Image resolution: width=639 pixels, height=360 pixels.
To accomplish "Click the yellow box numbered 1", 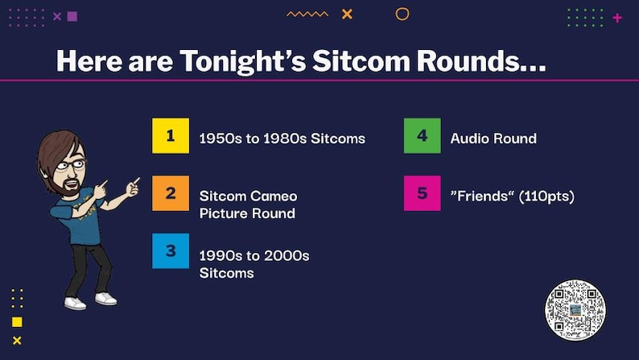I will [171, 135].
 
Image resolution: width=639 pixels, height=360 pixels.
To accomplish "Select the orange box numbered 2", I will [171, 193].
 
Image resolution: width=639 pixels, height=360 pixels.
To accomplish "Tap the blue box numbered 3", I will [171, 250].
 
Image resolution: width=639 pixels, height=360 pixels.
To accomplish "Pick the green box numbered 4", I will [422, 135].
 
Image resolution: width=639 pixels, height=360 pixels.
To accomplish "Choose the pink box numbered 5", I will [422, 193].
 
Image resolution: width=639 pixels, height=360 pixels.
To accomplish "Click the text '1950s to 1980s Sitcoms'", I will [282, 139].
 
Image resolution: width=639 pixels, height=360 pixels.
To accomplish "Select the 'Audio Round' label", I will [493, 139].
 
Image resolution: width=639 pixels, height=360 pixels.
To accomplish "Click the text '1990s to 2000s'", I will [254, 255].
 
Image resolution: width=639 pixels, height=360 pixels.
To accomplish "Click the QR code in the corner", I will [575, 310].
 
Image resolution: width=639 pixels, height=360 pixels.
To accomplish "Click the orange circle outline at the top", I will [402, 14].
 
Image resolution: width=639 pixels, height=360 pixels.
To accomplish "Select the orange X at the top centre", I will [347, 14].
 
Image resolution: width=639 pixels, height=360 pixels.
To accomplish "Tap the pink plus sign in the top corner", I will [617, 17].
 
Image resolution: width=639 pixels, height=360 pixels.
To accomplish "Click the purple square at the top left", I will [72, 16].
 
